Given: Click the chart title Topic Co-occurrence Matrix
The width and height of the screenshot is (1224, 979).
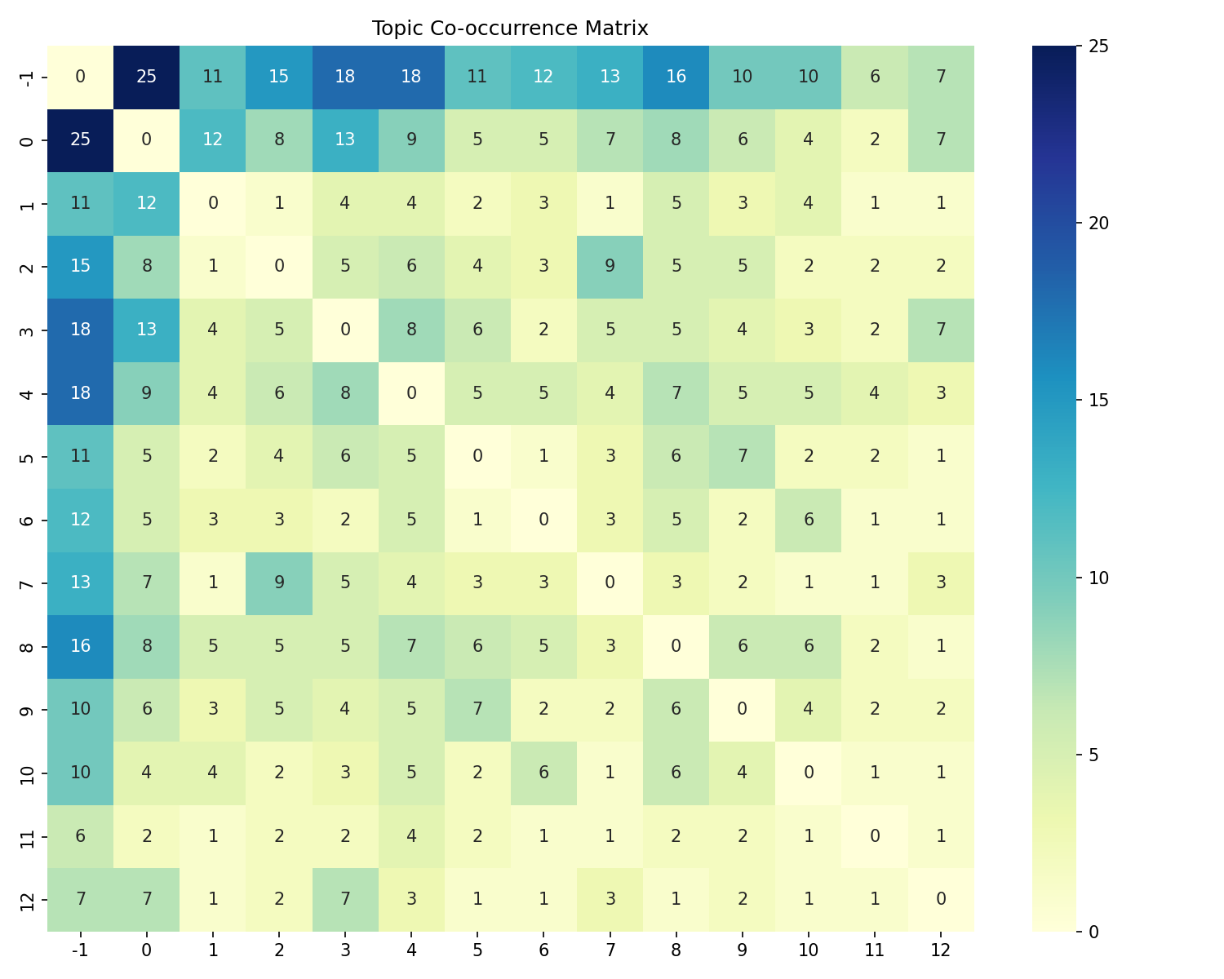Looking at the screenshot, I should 510,29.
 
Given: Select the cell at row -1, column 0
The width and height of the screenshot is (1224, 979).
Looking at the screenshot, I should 146,78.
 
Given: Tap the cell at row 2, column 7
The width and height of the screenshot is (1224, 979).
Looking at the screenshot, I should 610,267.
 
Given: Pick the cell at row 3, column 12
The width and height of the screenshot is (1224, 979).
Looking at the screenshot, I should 941,330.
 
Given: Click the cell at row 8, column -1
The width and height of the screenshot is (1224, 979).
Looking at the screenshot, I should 80,645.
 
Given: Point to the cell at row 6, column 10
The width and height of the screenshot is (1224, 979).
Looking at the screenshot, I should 809,519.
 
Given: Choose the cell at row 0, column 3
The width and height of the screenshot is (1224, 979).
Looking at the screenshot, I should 345,140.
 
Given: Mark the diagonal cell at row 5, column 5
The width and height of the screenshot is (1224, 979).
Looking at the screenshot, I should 477,456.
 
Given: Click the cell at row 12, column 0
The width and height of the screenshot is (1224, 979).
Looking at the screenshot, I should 146,898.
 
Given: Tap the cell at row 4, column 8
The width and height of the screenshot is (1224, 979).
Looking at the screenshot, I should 676,392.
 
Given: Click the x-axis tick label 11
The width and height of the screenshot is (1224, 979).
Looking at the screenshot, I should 875,950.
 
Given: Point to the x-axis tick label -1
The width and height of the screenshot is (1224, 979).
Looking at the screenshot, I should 80,950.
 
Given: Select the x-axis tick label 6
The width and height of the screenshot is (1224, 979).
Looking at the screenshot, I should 543,950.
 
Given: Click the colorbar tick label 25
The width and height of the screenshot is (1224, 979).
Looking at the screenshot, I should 1098,47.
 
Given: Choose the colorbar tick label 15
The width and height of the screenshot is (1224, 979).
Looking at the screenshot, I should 1098,401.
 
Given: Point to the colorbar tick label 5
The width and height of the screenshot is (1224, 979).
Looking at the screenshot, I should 1094,755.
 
